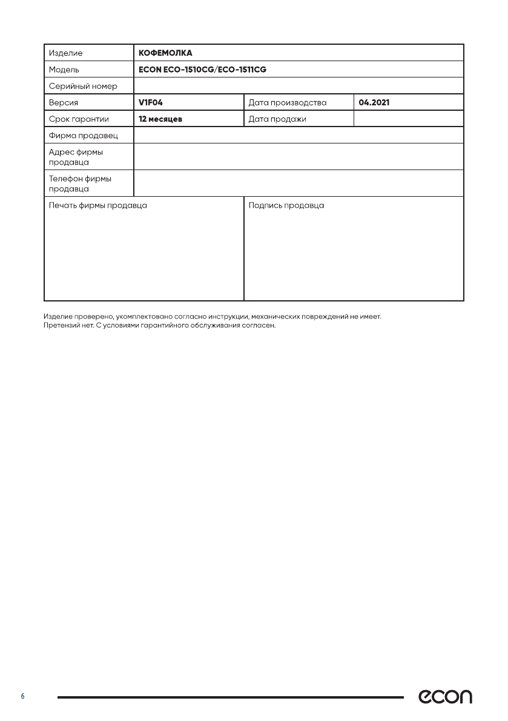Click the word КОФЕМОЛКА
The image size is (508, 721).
tap(165, 53)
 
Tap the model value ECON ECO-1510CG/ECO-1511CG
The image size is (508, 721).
tap(202, 70)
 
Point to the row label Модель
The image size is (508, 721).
tap(64, 70)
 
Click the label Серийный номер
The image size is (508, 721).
tap(83, 86)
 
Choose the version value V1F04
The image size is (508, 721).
tap(151, 102)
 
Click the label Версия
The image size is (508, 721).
tap(64, 102)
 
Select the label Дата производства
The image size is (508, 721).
tap(288, 102)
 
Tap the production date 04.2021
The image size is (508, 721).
tap(374, 102)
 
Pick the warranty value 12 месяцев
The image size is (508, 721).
tap(160, 119)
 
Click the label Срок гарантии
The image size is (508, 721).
tap(79, 119)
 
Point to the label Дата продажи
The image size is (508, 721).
tap(277, 119)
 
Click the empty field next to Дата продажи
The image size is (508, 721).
tap(408, 119)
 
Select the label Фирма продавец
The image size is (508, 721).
tap(83, 135)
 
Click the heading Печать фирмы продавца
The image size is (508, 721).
tap(97, 205)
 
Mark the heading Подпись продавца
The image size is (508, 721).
tap(286, 205)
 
